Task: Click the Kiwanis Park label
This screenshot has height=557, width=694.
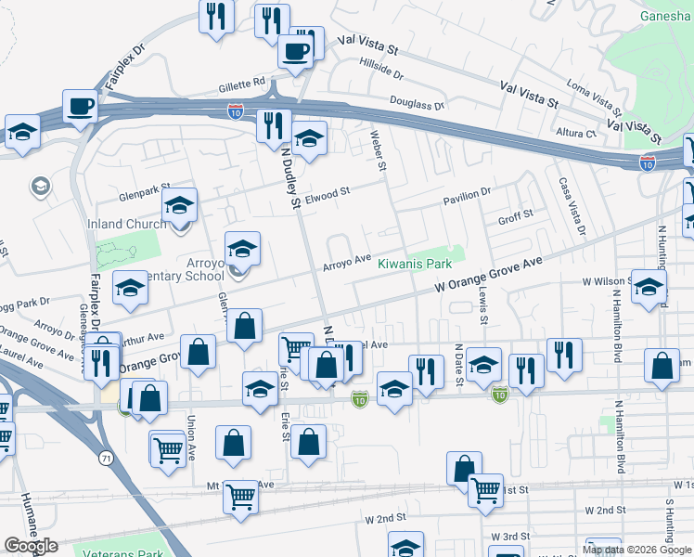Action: pos(419,264)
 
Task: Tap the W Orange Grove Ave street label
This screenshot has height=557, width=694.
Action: pos(489,277)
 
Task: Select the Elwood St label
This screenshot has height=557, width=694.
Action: pos(330,193)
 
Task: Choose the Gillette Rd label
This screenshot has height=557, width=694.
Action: pos(242,84)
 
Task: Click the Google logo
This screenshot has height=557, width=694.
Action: pos(31,546)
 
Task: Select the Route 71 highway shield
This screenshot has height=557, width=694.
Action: pos(107,458)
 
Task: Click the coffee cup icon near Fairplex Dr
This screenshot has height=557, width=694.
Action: pos(81,107)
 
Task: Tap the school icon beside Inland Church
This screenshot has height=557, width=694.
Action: pos(180,205)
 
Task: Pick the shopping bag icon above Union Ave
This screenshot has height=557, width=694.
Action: pos(199,352)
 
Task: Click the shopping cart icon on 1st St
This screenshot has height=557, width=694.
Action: pos(485,490)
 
